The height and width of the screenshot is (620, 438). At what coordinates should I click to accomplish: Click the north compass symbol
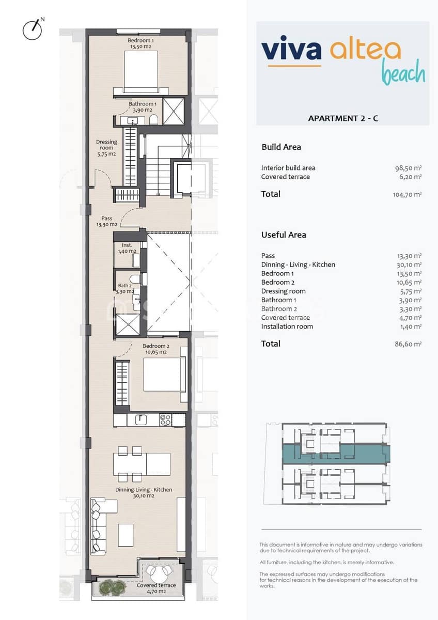[x=32, y=29]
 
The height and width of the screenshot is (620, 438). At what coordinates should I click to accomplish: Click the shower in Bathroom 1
[x=173, y=111]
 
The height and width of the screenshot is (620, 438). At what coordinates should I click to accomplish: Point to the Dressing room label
[x=106, y=148]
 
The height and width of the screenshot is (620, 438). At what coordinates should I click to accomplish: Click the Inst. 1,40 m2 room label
[x=127, y=248]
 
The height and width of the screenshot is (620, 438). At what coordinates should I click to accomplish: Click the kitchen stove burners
[x=165, y=420]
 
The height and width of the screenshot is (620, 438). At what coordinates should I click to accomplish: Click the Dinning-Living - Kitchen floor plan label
[x=144, y=492]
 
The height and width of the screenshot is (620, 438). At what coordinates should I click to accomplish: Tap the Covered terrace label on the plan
[x=156, y=588]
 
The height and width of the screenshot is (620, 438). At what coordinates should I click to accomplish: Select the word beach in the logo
[x=403, y=73]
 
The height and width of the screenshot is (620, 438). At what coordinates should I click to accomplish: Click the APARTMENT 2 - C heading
[x=343, y=118]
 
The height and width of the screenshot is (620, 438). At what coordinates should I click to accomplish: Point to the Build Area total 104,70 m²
[x=407, y=195]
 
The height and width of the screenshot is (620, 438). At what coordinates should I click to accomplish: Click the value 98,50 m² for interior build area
[x=408, y=168]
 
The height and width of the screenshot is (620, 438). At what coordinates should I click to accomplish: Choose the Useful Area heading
[x=284, y=235]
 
